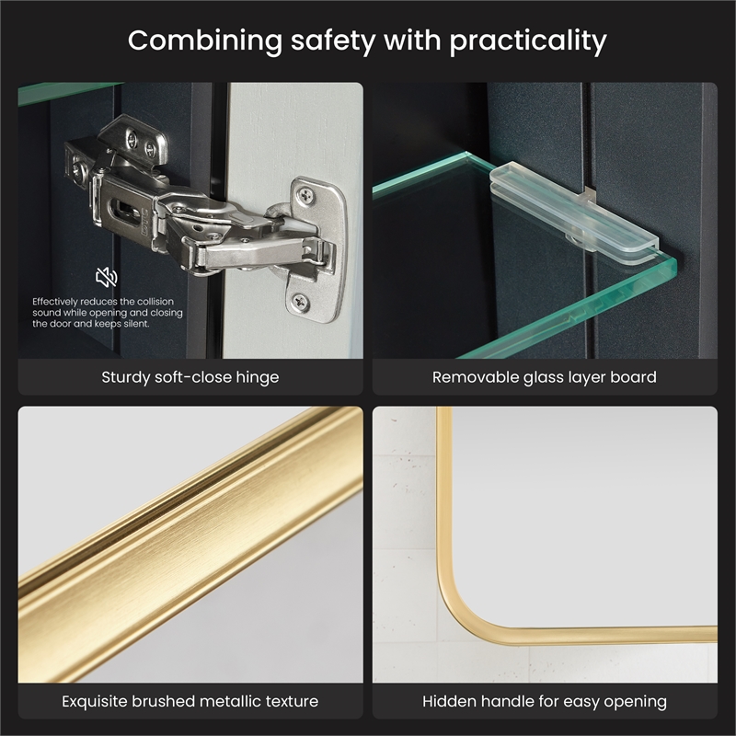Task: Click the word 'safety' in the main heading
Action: tap(333, 41)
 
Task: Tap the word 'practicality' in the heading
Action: tap(528, 41)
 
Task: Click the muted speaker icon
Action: tap(107, 277)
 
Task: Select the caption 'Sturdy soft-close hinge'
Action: tap(190, 377)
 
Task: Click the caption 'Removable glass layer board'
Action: tap(545, 377)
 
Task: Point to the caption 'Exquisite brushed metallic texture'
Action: tap(190, 701)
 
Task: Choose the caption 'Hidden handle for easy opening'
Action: tap(545, 701)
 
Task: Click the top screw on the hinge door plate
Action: tap(306, 194)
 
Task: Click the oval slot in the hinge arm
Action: tap(124, 210)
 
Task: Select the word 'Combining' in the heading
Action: tap(204, 41)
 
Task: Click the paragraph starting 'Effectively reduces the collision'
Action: tap(108, 313)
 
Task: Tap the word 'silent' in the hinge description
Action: tap(136, 324)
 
